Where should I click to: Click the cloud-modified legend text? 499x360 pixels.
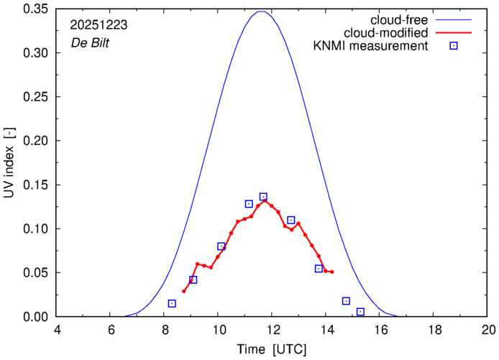point(386,33)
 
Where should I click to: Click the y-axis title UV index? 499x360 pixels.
point(10,162)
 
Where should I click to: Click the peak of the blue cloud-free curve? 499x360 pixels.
point(261,11)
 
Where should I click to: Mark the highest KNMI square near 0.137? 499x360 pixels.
point(263,197)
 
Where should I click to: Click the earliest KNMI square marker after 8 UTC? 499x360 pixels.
point(172,303)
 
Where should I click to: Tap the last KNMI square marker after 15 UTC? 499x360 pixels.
point(360,312)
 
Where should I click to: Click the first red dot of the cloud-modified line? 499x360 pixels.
point(184,291)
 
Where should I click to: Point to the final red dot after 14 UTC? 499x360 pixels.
point(332,272)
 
